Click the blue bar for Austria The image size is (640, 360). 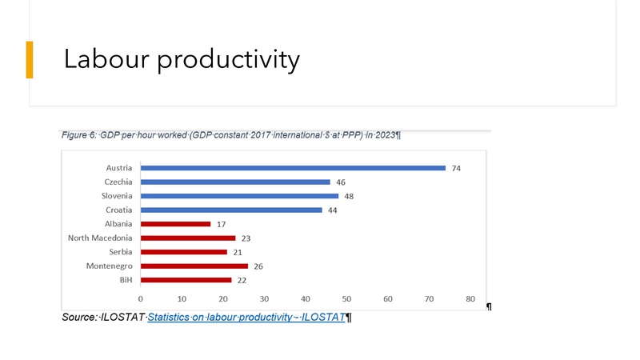(x=293, y=168)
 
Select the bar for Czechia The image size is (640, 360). (x=235, y=182)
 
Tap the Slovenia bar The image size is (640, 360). (x=239, y=196)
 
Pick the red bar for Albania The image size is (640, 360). (x=175, y=224)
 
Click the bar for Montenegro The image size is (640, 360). (x=194, y=266)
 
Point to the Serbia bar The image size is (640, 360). (x=184, y=252)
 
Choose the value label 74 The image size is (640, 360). (x=456, y=168)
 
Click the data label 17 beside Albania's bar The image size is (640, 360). (x=221, y=224)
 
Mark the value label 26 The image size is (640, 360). (x=258, y=266)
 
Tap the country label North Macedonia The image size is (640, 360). (x=100, y=238)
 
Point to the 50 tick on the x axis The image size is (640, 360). (x=346, y=298)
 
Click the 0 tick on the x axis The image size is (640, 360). (x=141, y=298)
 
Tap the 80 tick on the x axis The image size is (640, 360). (x=470, y=298)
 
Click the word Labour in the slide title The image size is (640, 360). (x=106, y=58)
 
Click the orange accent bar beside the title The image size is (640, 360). (x=30, y=59)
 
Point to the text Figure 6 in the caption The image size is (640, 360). (x=78, y=134)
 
